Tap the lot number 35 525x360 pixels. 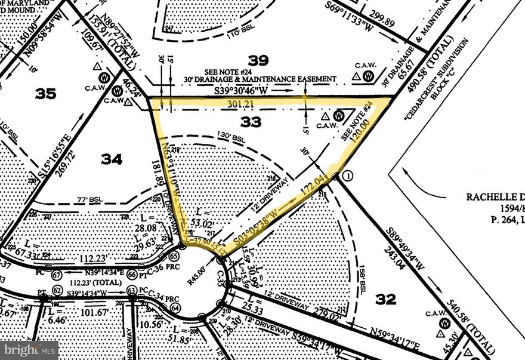pos(45,94)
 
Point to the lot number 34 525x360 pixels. pos(112,159)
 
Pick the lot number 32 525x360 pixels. pos(386,299)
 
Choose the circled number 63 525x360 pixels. pos(131,291)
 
